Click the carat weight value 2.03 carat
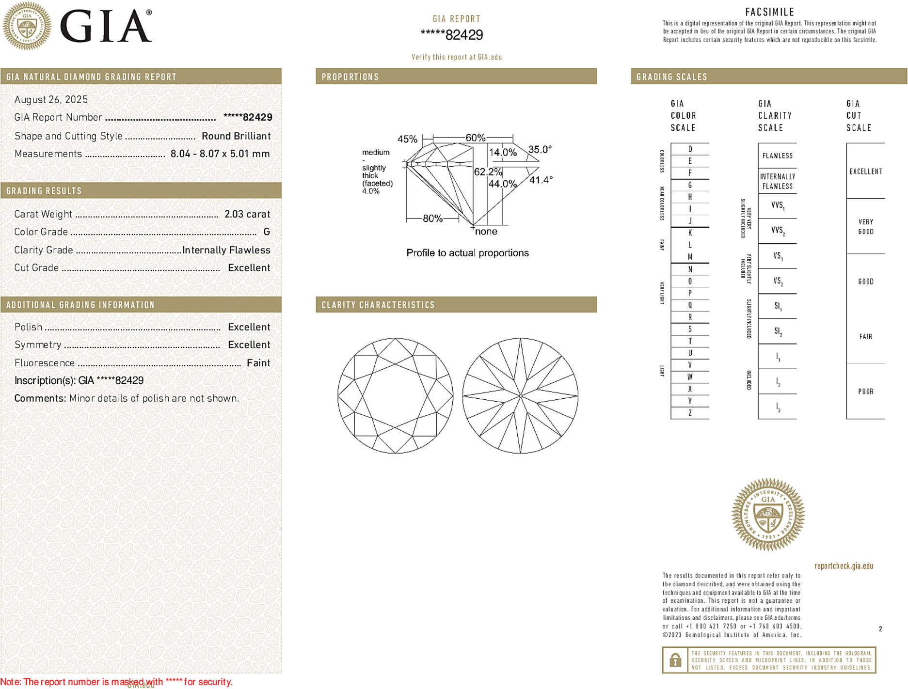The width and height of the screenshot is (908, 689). (x=247, y=214)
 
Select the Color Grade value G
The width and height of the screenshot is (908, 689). (x=267, y=232)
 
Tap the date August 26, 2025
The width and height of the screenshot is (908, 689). (x=51, y=99)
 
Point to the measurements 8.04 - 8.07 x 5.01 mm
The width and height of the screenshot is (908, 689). (x=220, y=154)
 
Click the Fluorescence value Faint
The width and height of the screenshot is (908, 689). (x=258, y=363)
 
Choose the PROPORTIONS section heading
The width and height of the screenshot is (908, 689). (x=350, y=77)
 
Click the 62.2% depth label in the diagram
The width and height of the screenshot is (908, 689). (x=488, y=172)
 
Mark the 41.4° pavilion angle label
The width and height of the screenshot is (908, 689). (x=541, y=180)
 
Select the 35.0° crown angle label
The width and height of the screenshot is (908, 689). (x=540, y=149)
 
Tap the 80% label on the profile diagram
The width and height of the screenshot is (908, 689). (x=432, y=219)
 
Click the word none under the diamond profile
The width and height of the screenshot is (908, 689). (x=486, y=232)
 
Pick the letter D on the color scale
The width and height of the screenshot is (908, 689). (x=690, y=149)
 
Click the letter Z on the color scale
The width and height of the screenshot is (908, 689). (x=690, y=413)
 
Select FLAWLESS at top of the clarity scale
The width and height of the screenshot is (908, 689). (x=777, y=156)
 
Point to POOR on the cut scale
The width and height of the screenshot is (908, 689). (x=865, y=391)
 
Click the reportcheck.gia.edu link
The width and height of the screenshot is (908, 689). (x=844, y=566)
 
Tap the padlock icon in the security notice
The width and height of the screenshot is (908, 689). (x=675, y=660)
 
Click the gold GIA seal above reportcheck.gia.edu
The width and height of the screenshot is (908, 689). (x=768, y=515)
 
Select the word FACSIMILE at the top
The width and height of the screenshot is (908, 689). (x=769, y=12)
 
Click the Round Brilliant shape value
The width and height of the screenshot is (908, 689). (x=236, y=136)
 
